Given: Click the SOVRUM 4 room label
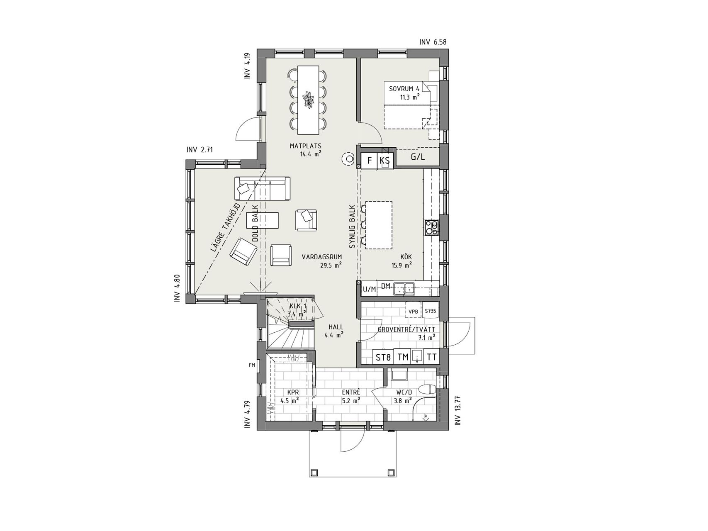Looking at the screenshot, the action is click(404, 89).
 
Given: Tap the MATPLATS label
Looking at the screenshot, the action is click(305, 146).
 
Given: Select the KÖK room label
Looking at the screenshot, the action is click(406, 257).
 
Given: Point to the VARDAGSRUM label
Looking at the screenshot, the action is click(322, 257).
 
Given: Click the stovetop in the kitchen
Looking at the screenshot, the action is click(431, 227).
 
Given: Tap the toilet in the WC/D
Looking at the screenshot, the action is click(427, 390).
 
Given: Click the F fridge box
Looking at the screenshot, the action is click(369, 161).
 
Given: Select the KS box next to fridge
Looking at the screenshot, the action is click(384, 161).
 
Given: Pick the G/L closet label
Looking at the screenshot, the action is click(418, 157).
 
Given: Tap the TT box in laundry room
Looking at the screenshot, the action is click(432, 357).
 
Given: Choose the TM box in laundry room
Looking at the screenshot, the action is click(402, 357).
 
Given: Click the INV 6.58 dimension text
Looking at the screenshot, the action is click(433, 42).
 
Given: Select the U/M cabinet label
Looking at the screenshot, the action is click(369, 289).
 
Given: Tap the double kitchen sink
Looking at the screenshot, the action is click(404, 288).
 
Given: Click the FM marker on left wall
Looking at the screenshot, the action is click(251, 365).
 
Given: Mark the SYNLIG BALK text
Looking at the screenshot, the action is click(352, 227).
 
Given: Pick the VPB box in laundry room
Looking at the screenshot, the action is click(413, 312).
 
